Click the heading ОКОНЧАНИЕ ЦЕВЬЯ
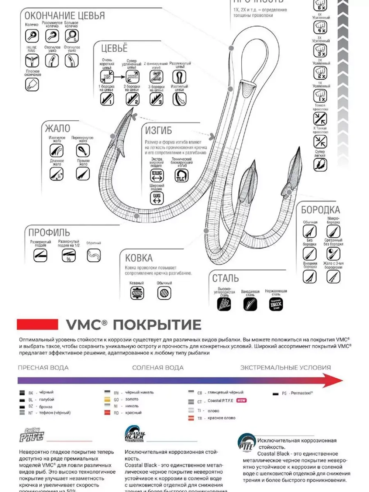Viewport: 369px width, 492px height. click(x=65, y=16)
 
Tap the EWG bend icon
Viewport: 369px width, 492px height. click(x=157, y=175)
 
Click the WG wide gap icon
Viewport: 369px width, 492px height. click(x=157, y=198)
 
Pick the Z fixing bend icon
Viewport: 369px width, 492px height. click(x=156, y=77)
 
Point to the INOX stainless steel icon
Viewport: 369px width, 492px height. click(x=276, y=304)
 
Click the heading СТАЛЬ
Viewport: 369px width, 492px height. click(x=225, y=278)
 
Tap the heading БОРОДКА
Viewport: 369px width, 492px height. click(x=320, y=210)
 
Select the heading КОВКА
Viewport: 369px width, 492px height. click(x=139, y=258)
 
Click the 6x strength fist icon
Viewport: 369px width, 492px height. click(x=320, y=6)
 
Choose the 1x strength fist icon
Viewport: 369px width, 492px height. click(x=320, y=96)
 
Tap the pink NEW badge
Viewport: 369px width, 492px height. click(x=241, y=400)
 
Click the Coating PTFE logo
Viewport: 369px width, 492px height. click(x=31, y=436)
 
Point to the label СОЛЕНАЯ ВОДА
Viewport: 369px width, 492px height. click(x=158, y=368)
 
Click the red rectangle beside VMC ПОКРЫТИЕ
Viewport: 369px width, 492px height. click(x=37, y=324)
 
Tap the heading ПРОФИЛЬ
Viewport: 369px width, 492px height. click(x=49, y=233)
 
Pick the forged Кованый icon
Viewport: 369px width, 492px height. click(x=137, y=293)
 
